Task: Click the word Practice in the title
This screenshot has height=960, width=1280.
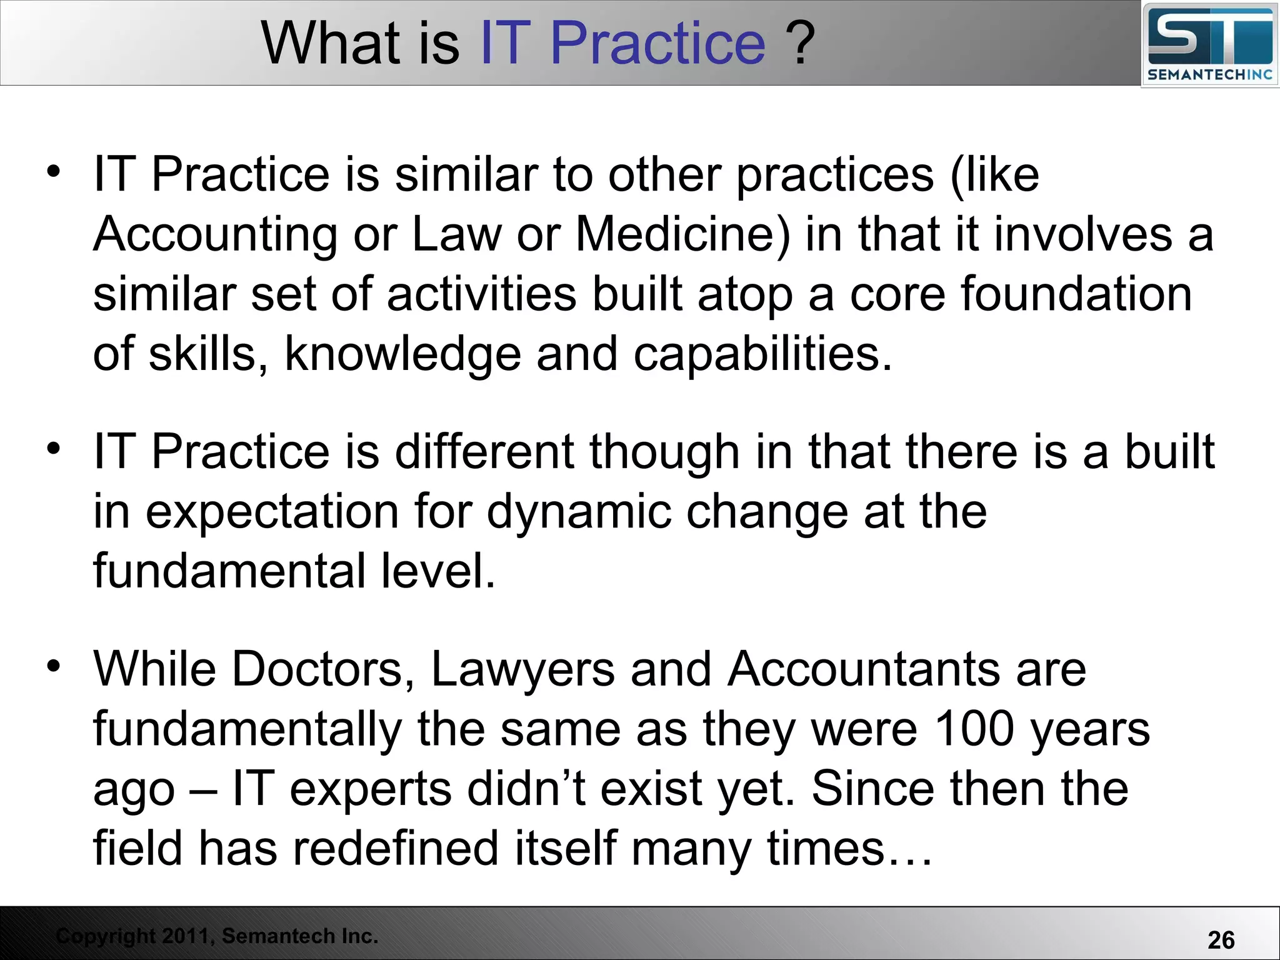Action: (657, 44)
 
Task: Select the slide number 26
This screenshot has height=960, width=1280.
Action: (1221, 940)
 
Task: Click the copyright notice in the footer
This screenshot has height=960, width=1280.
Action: (217, 936)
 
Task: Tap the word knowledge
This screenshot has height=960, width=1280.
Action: (402, 355)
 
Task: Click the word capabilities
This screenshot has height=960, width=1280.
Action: (762, 355)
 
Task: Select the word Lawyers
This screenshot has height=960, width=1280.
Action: (523, 669)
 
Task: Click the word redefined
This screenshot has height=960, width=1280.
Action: (396, 848)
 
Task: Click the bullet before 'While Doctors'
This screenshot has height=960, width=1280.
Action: (54, 666)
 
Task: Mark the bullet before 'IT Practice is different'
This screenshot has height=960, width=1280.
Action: (54, 448)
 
